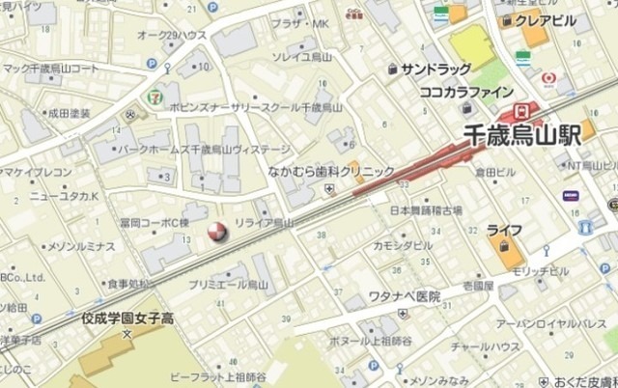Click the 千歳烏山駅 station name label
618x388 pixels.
pos(521,136)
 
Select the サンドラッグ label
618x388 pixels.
pos(435,69)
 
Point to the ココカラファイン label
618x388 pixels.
pos(467,93)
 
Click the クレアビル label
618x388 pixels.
pos(547,21)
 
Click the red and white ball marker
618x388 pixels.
pos(219,232)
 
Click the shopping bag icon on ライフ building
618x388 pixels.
pos(504,248)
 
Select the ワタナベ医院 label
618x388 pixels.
pos(405,296)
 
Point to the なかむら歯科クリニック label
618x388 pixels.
pos(331,171)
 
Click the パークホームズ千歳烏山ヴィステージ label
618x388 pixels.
pos(204,150)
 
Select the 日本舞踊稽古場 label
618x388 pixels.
pos(426,209)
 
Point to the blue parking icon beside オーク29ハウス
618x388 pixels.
pos(152,63)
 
